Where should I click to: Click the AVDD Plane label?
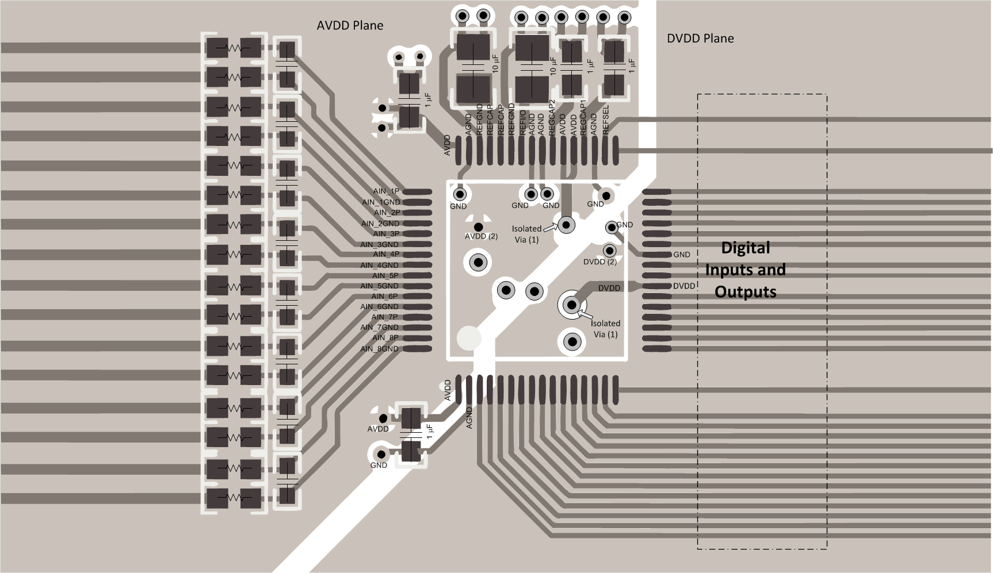(x=350, y=25)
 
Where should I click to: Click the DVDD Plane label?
(x=700, y=39)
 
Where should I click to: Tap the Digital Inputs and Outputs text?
(x=745, y=270)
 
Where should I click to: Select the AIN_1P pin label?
(x=386, y=191)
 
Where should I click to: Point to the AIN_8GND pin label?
(x=379, y=349)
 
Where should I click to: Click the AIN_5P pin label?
(x=385, y=276)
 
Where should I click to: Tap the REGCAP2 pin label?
(x=552, y=118)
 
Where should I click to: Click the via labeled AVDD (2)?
(x=478, y=228)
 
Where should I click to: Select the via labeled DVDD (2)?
(x=609, y=251)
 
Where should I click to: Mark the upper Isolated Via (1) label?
(x=526, y=234)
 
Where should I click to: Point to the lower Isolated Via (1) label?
(x=606, y=329)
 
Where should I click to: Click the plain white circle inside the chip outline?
(x=468, y=338)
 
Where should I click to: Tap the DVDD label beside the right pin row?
(x=684, y=286)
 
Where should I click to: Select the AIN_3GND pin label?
(x=379, y=244)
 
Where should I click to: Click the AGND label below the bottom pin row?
(x=469, y=418)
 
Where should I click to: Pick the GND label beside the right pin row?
(x=681, y=255)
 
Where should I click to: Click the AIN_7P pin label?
(x=384, y=317)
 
